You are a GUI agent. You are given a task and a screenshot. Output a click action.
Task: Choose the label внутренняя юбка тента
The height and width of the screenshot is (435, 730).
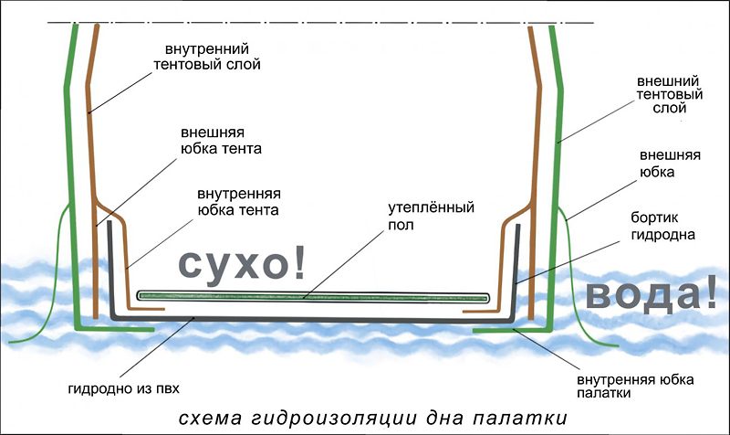click(x=239, y=202)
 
